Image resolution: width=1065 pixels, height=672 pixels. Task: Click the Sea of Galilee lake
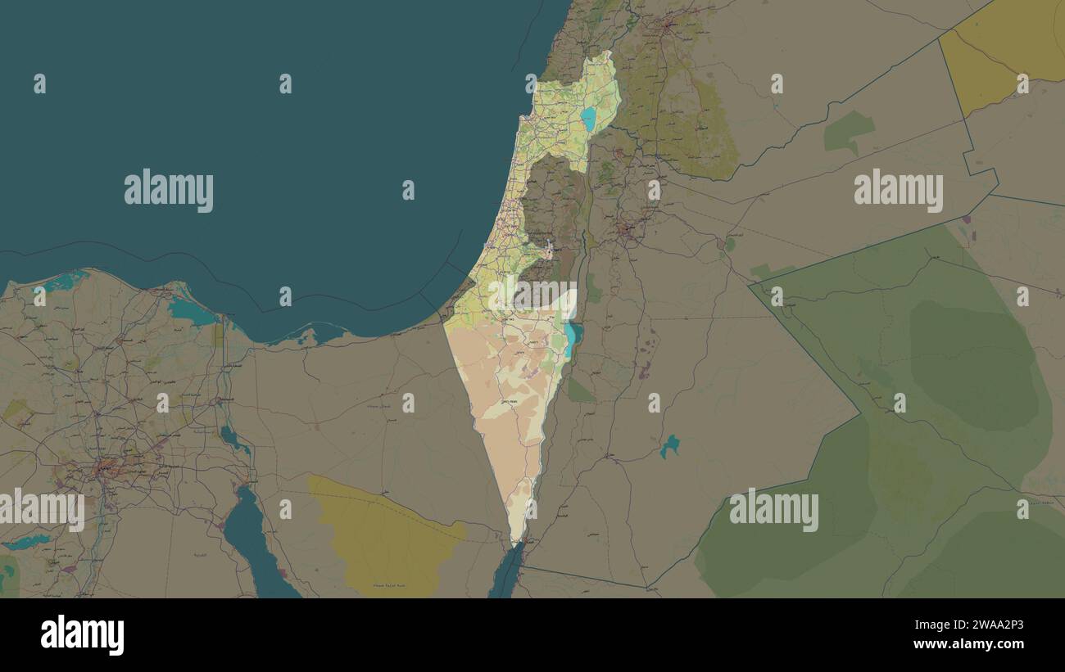[x=588, y=119]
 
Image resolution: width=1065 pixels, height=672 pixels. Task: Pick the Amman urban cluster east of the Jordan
[x=628, y=231]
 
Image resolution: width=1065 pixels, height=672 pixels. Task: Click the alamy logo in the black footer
[x=82, y=635]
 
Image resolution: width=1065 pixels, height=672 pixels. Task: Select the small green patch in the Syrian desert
[x=848, y=131]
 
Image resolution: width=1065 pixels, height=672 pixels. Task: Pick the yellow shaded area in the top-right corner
[x=1004, y=53]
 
